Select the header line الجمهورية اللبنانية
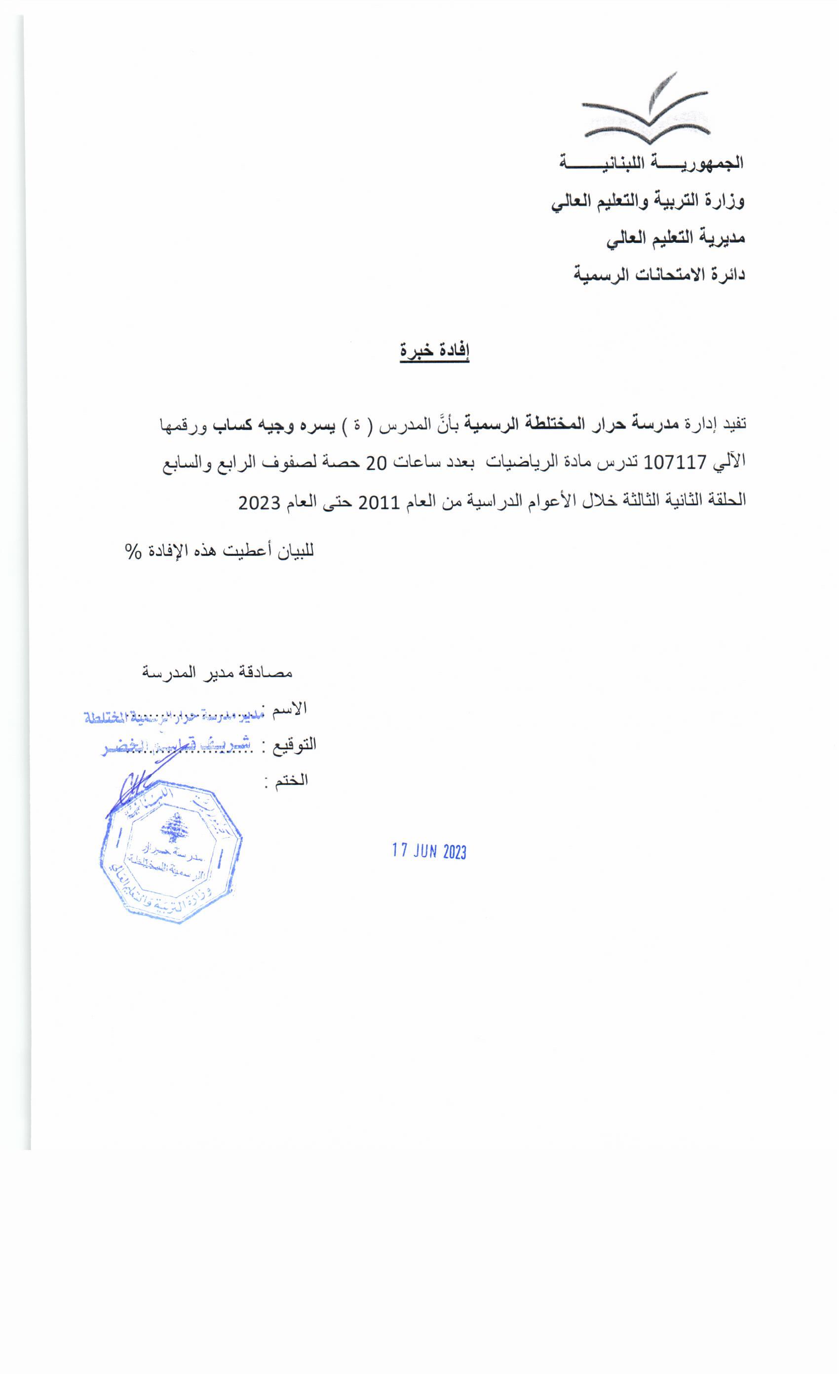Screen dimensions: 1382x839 click(650, 163)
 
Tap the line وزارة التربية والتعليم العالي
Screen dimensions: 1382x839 click(648, 201)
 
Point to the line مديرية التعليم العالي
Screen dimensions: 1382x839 click(676, 238)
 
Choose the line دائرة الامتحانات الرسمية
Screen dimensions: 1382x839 click(658, 275)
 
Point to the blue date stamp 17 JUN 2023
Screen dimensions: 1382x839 click(429, 851)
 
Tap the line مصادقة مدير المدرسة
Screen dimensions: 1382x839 click(218, 671)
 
